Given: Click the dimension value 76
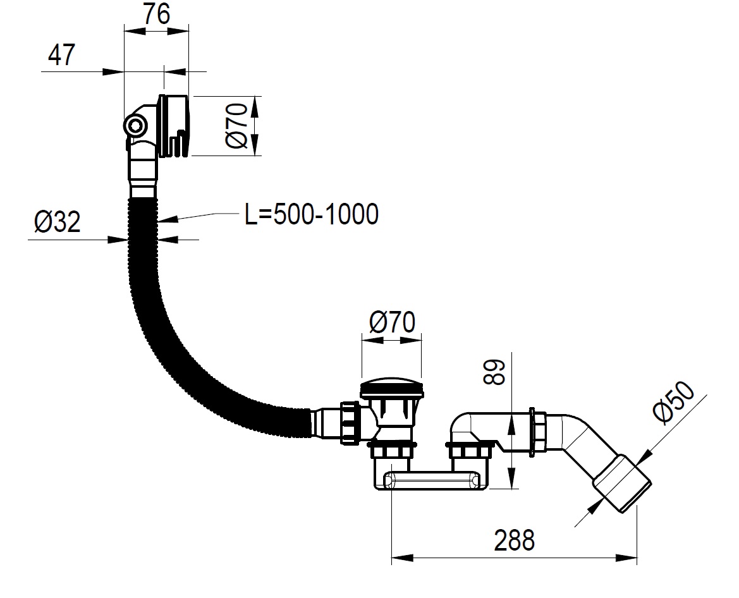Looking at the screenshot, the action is [157, 15].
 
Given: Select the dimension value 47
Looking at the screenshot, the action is [61, 54].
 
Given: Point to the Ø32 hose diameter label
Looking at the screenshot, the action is [57, 221].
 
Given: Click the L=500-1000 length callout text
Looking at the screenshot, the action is [312, 214].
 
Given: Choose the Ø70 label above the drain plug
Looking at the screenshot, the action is [392, 322].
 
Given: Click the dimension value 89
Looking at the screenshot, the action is [495, 373].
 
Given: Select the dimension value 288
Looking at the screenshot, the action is [514, 540].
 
